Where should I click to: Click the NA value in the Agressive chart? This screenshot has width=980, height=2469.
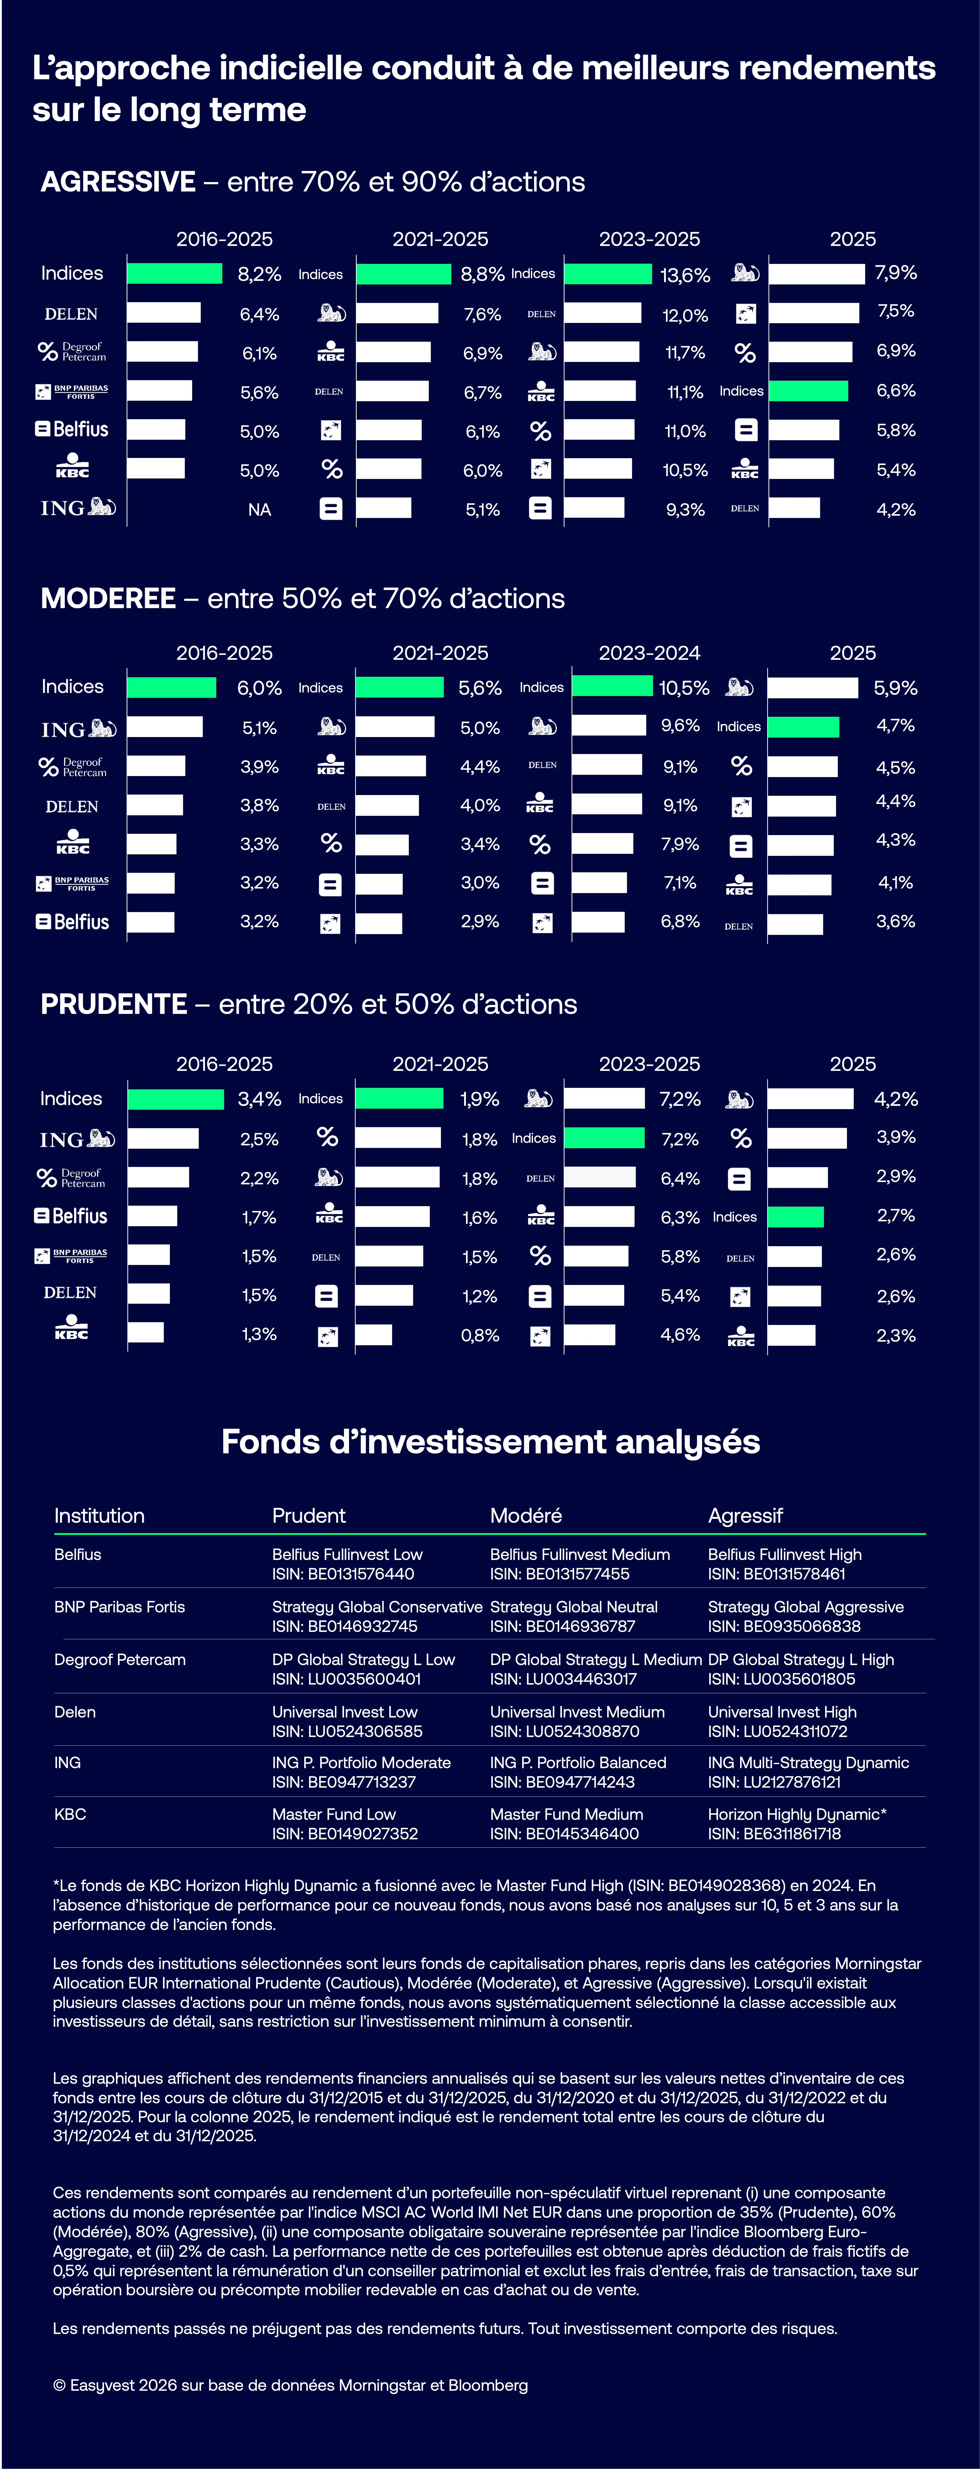(x=260, y=510)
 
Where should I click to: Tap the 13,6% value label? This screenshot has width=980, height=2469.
(x=685, y=276)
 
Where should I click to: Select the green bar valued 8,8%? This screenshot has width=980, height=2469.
(x=403, y=274)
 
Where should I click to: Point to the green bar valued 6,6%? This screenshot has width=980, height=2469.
(x=808, y=391)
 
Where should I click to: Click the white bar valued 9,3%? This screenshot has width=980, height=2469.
(x=594, y=508)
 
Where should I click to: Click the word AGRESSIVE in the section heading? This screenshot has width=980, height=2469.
(x=118, y=182)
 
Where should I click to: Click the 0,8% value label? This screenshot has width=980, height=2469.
(x=480, y=1335)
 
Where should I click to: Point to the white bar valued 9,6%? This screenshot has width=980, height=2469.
(x=609, y=726)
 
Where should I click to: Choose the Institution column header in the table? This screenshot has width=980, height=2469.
(x=100, y=1515)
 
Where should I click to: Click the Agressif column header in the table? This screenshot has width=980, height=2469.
(x=745, y=1515)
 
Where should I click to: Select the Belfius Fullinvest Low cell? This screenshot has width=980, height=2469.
(x=347, y=1555)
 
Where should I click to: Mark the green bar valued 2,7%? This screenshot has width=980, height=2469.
(x=795, y=1217)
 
